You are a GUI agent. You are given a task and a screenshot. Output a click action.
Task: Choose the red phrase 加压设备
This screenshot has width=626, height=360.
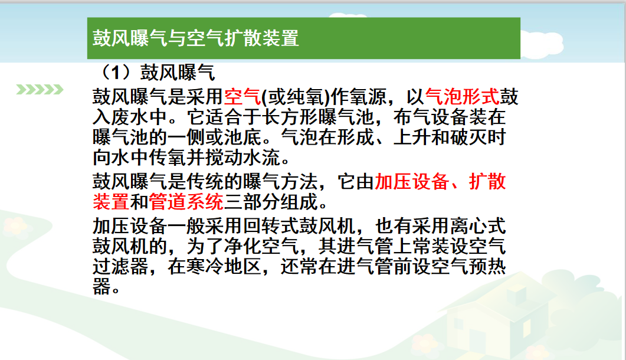click(411, 182)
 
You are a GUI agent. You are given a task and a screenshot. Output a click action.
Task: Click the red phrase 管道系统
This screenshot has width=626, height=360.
click(186, 202)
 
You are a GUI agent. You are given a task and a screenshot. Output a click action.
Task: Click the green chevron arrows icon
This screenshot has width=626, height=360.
click(40, 90)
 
